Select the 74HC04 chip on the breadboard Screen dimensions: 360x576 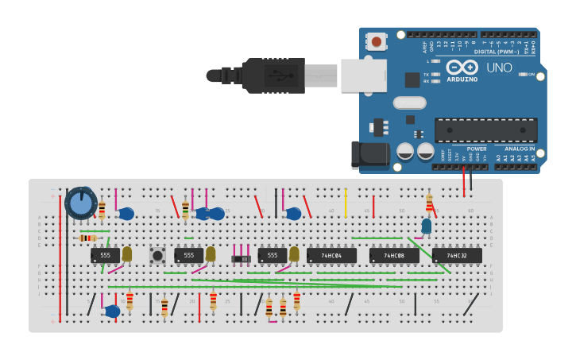click(x=331, y=256)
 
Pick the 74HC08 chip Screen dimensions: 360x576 click(x=394, y=256)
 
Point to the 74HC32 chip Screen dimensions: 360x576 click(x=457, y=256)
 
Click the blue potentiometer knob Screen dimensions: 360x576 click(x=80, y=203)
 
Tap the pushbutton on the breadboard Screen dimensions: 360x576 click(x=157, y=255)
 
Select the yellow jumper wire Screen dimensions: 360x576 click(x=345, y=203)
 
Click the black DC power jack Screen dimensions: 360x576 click(x=369, y=155)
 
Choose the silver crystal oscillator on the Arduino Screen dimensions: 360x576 click(x=409, y=103)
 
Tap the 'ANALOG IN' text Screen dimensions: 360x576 click(x=520, y=149)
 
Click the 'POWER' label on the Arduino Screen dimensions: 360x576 click(x=477, y=149)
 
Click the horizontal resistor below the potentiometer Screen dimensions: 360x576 click(x=87, y=238)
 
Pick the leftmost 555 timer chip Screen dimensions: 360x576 click(x=105, y=256)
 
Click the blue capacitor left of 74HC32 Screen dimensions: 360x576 click(x=427, y=226)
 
